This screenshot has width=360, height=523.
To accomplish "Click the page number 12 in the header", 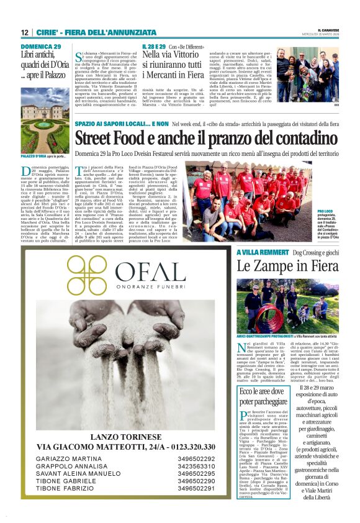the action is point(25,32).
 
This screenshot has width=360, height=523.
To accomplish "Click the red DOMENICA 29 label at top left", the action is point(41,47).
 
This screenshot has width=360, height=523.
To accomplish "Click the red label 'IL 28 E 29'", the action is point(155,47).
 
